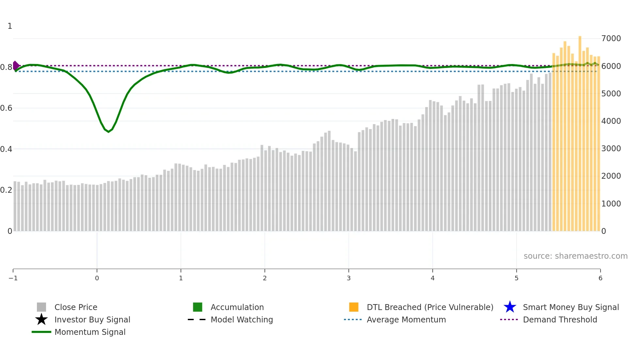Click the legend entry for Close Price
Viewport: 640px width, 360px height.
[x=75, y=307]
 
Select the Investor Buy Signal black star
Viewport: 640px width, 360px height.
[x=41, y=319]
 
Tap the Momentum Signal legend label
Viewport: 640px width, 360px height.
[x=90, y=332]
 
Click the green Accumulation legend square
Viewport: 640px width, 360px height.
[x=198, y=307]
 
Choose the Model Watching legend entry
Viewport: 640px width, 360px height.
[x=241, y=319]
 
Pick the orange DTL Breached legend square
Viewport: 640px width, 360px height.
[x=354, y=307]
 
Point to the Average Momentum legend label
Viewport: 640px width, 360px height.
[x=406, y=319]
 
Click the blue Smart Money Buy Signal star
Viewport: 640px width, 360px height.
[x=510, y=307]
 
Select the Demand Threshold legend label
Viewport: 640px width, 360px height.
[x=560, y=319]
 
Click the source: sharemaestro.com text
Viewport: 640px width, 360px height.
[x=575, y=256]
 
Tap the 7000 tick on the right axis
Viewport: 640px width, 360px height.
[x=611, y=39]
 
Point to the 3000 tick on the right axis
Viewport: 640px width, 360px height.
[x=611, y=149]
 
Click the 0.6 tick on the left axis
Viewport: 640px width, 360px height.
[x=6, y=108]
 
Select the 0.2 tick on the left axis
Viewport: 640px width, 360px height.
[x=6, y=190]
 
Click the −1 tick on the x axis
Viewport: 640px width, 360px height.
[x=13, y=278]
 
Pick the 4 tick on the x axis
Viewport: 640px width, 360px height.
[x=433, y=278]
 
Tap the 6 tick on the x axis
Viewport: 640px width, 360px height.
[x=600, y=278]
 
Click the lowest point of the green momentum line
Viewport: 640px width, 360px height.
[x=108, y=132]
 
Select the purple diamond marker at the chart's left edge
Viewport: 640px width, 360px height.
[x=15, y=66]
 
